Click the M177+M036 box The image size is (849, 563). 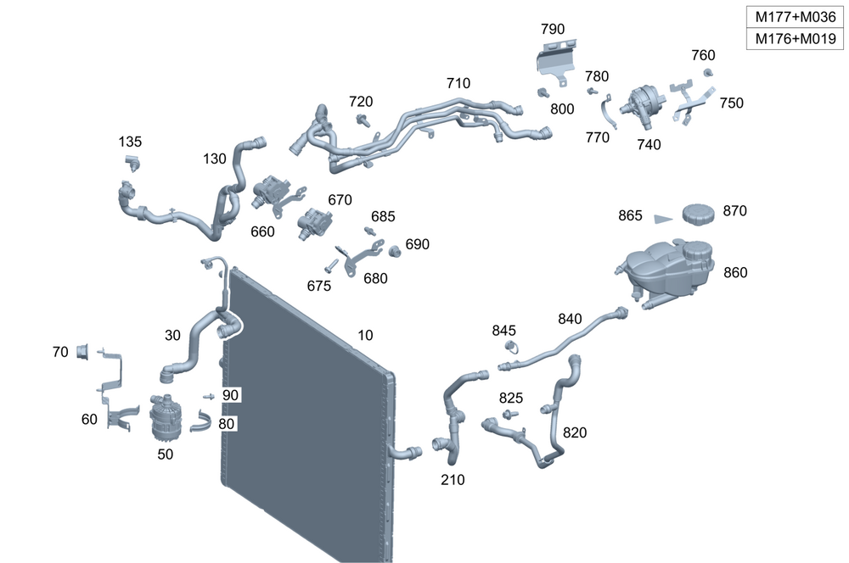click(796, 17)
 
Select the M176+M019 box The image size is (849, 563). click(796, 39)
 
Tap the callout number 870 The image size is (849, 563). click(735, 211)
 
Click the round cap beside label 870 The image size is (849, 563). click(696, 212)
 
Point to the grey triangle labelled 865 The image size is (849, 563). click(662, 218)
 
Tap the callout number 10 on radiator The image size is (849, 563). click(365, 336)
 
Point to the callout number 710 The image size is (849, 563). click(458, 83)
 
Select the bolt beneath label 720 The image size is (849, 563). click(364, 120)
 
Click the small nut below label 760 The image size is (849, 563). click(708, 73)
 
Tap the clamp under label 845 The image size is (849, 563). click(511, 347)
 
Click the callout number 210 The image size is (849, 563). click(453, 480)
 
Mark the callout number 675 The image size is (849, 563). click(318, 287)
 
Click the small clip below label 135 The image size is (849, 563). click(132, 161)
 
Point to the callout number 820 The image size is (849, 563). click(575, 432)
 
